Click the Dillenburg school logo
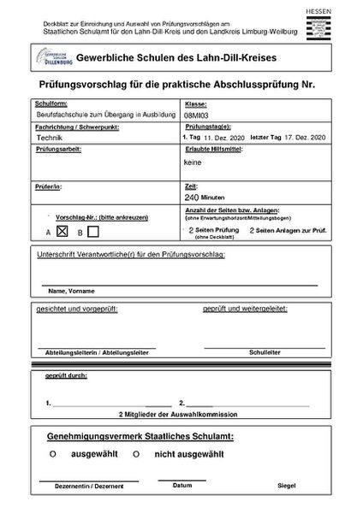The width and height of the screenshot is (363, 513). pyautogui.click(x=53, y=58)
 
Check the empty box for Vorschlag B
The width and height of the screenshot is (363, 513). pyautogui.click(x=94, y=231)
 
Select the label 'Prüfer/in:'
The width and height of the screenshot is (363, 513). pyautogui.click(x=51, y=184)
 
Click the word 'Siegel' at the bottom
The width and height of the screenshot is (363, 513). pyautogui.click(x=287, y=486)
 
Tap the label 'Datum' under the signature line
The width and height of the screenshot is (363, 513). pyautogui.click(x=181, y=485)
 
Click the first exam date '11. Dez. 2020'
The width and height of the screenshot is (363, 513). pyautogui.click(x=223, y=136)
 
